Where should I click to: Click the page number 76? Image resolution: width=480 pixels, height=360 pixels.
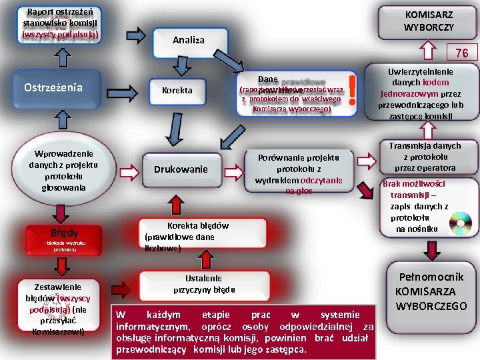[461, 53]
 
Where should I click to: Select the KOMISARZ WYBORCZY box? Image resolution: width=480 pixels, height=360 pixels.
[429, 21]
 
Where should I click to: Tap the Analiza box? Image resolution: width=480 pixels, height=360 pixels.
[189, 40]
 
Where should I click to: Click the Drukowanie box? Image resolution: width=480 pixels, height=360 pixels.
[181, 169]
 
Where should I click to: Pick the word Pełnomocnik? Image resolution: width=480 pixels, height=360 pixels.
[431, 276]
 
